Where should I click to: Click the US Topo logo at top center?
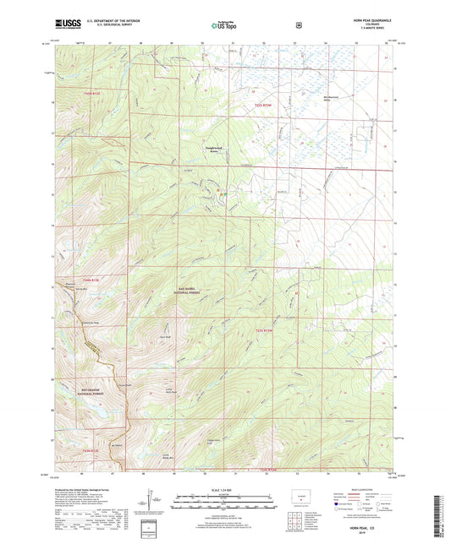(223, 25)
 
